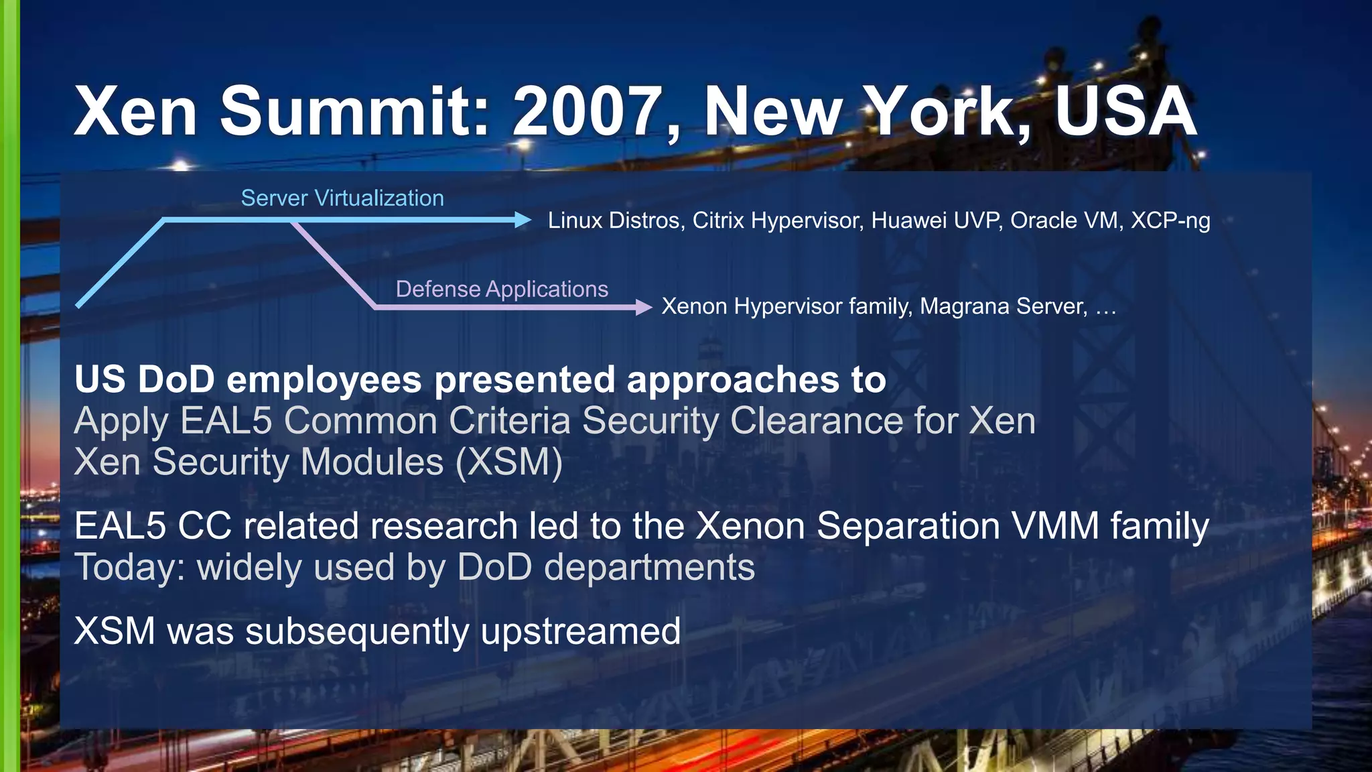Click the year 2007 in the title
(x=588, y=111)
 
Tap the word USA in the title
(x=1125, y=111)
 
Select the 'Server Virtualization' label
(x=342, y=198)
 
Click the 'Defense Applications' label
(x=502, y=289)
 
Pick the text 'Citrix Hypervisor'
(x=777, y=220)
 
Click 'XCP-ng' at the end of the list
(x=1170, y=220)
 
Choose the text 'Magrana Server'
(x=1003, y=306)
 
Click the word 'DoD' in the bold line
(x=176, y=379)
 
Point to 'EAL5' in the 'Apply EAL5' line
(x=226, y=421)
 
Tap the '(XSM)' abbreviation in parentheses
(x=509, y=462)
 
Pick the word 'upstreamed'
(x=580, y=631)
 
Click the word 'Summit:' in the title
(x=355, y=111)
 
